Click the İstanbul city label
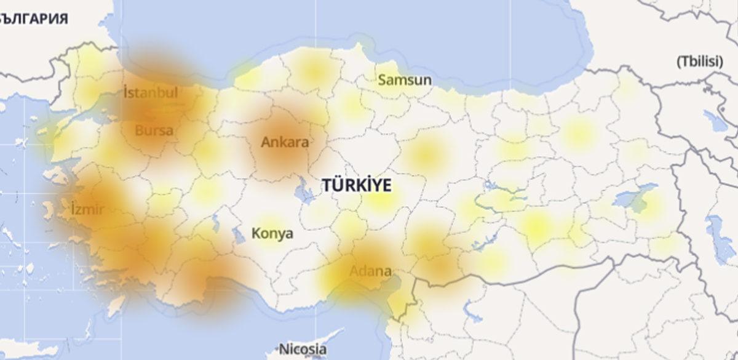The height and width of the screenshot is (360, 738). point(151,94)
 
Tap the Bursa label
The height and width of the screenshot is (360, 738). point(154,130)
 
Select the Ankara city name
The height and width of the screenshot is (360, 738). point(285,142)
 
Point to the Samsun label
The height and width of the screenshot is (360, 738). point(404,80)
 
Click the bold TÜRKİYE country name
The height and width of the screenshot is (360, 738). point(355,185)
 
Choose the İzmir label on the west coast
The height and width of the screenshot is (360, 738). point(87,209)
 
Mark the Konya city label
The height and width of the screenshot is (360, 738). point(272,234)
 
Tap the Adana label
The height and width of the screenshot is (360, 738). point(370,271)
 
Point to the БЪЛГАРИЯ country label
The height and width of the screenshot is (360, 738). point(34,17)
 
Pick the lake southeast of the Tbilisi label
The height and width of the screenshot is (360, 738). point(713,117)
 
